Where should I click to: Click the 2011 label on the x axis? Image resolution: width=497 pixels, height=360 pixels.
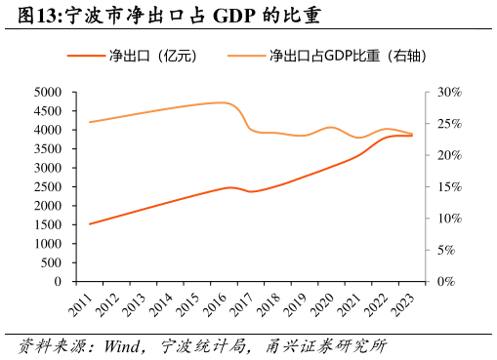click(x=81, y=303)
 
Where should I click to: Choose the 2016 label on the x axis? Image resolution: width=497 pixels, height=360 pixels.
click(x=215, y=303)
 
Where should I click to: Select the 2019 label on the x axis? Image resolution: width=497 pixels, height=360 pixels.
click(x=295, y=303)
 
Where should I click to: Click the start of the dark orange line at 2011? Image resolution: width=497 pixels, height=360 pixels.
click(x=90, y=223)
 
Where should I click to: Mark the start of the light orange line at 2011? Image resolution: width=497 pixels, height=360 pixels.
click(x=90, y=122)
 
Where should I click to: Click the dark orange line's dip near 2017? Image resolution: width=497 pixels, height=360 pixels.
click(x=251, y=191)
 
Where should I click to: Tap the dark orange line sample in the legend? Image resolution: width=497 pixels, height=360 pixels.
click(x=86, y=56)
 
